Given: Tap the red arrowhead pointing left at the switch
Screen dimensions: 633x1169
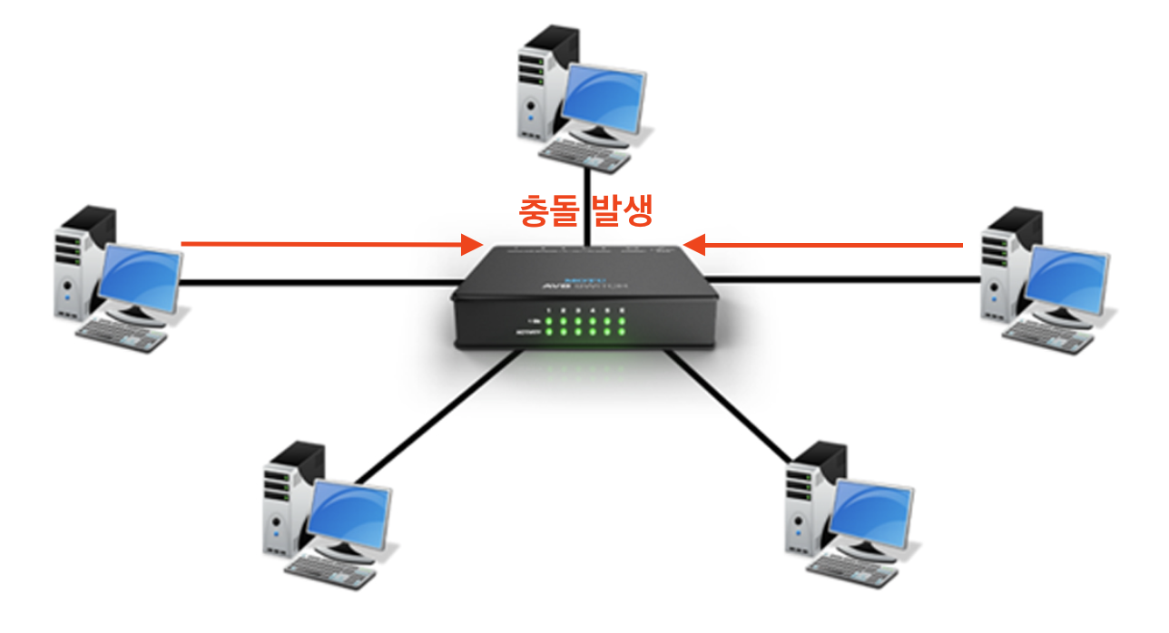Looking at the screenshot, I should [694, 244].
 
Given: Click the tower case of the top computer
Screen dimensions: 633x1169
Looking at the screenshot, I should [541, 82].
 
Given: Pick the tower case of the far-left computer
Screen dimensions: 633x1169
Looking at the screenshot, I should [77, 263].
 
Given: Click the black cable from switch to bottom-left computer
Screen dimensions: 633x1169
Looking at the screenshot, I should [436, 417].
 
